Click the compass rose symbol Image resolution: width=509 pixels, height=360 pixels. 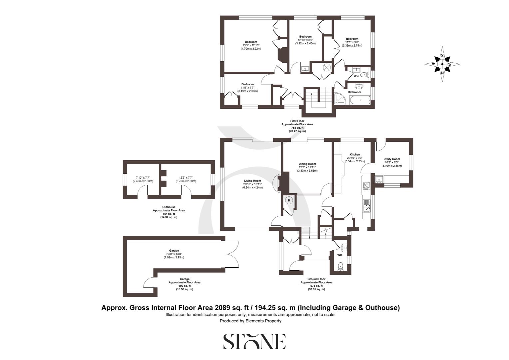click(x=442, y=64)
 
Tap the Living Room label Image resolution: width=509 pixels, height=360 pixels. click(x=252, y=181)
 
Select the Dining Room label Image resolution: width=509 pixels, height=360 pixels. click(x=307, y=164)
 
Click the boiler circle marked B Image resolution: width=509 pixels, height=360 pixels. click(x=289, y=200)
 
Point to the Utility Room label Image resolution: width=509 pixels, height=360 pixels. click(x=392, y=159)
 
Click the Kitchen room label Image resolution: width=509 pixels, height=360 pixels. click(x=355, y=155)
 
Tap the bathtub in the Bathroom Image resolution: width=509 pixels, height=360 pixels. click(x=360, y=99)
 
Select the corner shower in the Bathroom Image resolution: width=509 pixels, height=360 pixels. click(x=340, y=99)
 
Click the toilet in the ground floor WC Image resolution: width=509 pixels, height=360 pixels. click(x=340, y=266)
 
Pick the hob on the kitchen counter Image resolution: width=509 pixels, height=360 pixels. click(x=366, y=185)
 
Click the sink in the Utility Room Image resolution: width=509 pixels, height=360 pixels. click(x=379, y=180)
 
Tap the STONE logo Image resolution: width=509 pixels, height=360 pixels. click(x=254, y=341)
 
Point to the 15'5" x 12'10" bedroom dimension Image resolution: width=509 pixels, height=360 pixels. click(x=251, y=45)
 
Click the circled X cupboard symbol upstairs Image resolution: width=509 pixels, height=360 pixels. click(x=327, y=67)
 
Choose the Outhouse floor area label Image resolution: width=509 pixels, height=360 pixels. click(x=169, y=212)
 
